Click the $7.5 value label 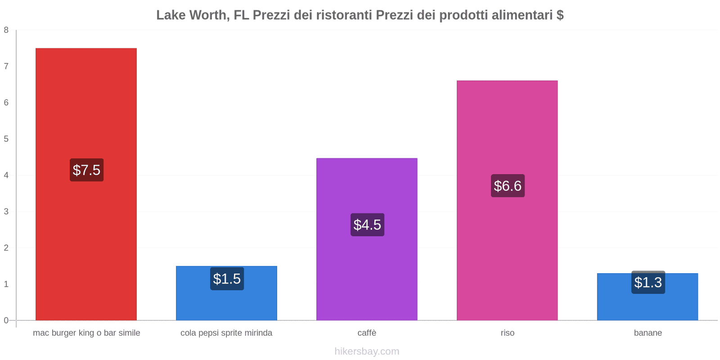point(86,170)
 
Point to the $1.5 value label point(227,279)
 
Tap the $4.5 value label point(367,225)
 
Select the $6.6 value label point(508,186)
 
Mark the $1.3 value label point(648,283)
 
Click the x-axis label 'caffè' point(367,333)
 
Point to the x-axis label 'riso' point(508,333)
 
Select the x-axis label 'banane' point(648,333)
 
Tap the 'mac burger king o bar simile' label point(86,333)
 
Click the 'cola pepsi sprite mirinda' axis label point(226,333)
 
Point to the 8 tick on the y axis point(6,30)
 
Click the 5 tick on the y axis point(6,139)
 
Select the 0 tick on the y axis point(6,320)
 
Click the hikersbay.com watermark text point(367,351)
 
